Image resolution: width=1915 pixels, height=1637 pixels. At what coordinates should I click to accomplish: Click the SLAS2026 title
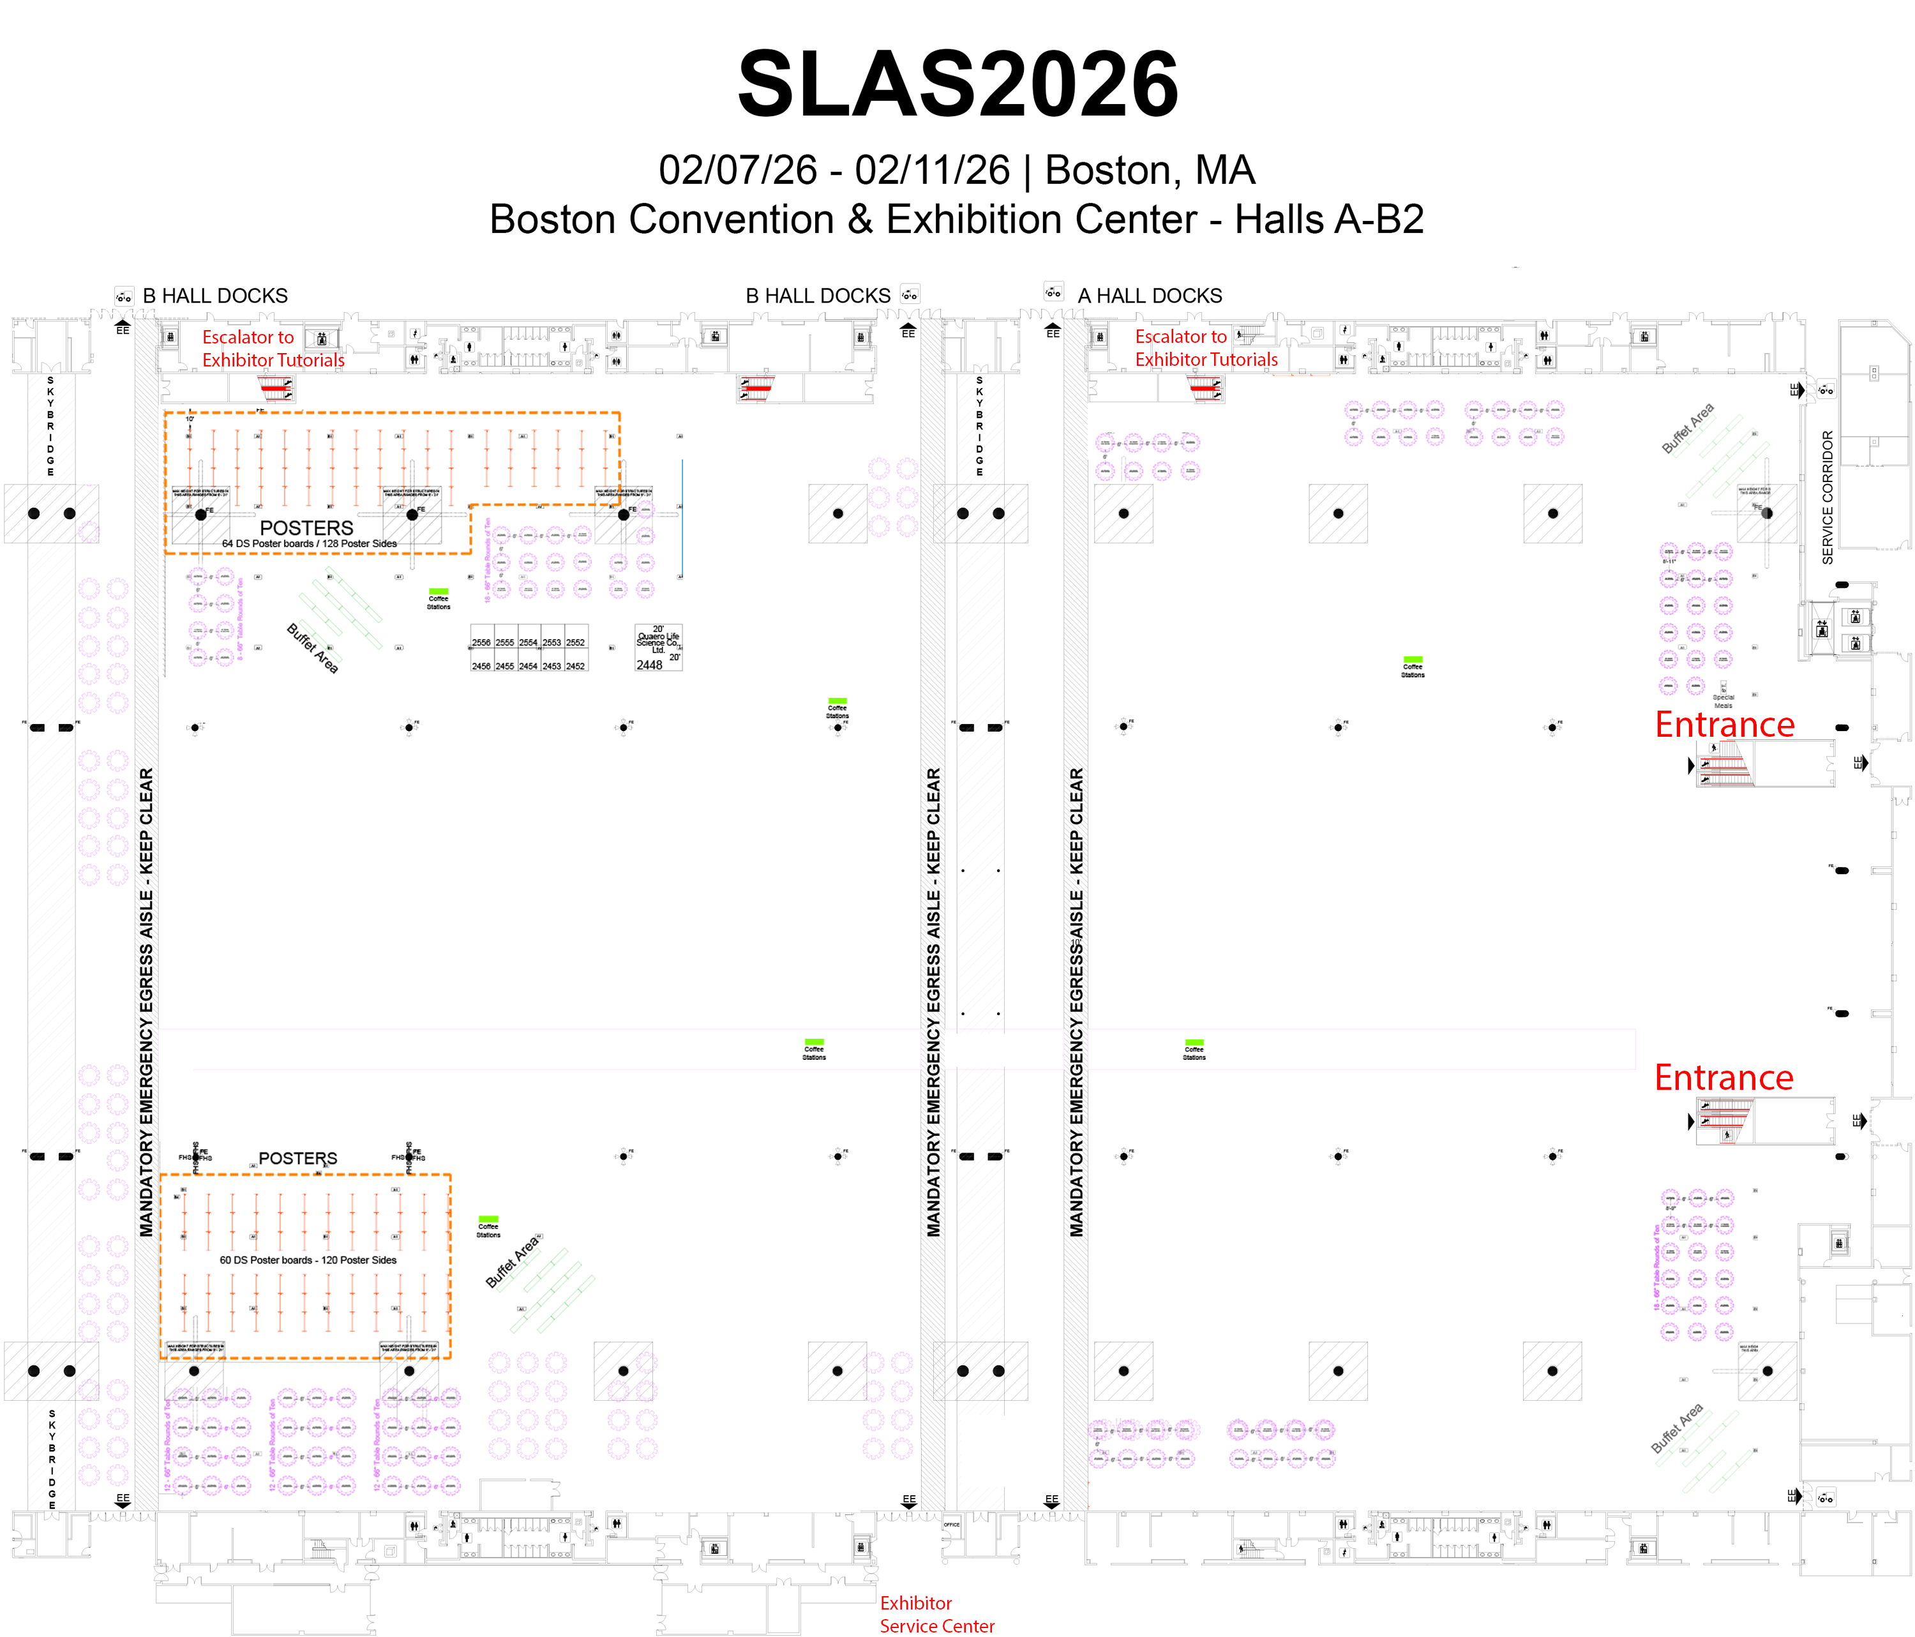pyautogui.click(x=957, y=85)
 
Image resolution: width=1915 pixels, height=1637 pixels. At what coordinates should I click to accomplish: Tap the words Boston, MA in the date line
pyautogui.click(x=1149, y=170)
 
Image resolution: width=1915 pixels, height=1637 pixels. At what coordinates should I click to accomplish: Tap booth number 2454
pyautogui.click(x=528, y=665)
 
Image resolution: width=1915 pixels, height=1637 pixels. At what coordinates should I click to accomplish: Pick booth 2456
pyautogui.click(x=481, y=665)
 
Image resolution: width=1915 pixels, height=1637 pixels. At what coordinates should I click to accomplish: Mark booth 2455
pyautogui.click(x=505, y=665)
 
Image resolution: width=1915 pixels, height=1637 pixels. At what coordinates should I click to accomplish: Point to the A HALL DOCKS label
pyautogui.click(x=1149, y=296)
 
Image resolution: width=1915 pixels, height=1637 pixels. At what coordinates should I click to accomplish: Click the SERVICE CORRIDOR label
pyautogui.click(x=1827, y=497)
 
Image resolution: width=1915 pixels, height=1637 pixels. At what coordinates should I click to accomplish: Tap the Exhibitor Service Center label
pyautogui.click(x=936, y=1614)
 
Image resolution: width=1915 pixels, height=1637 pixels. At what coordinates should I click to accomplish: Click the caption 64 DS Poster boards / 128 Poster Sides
pyautogui.click(x=309, y=543)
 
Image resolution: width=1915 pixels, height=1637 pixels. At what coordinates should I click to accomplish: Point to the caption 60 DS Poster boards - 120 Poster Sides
pyautogui.click(x=308, y=1260)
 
